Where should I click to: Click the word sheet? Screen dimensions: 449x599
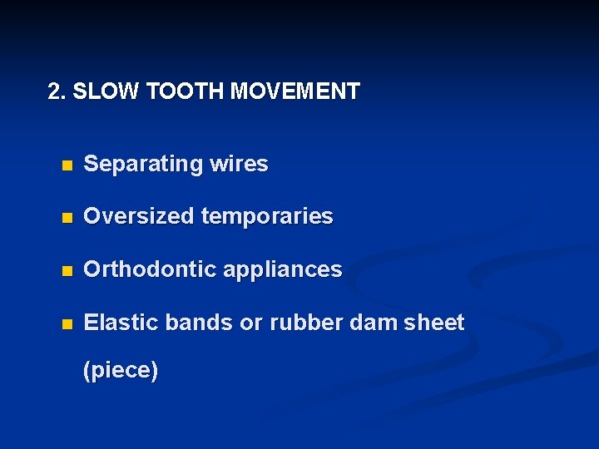point(433,323)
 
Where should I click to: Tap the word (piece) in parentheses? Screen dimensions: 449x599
point(121,370)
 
